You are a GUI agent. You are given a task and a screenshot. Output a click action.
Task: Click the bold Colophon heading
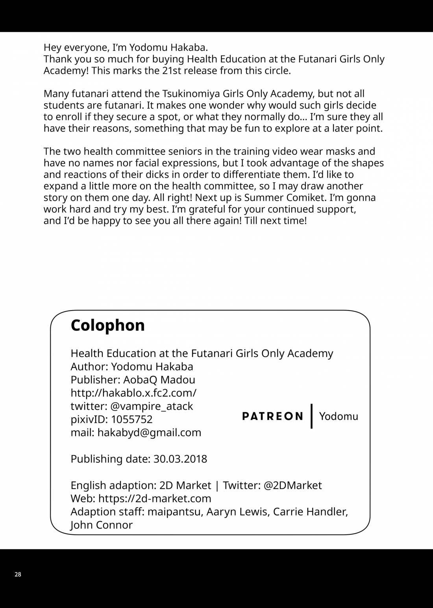click(x=107, y=325)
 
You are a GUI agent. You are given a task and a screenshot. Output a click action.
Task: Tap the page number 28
click(x=18, y=575)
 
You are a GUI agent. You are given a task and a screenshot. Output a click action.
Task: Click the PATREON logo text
click(x=272, y=416)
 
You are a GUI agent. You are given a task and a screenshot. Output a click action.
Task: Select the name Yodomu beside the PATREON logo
click(x=339, y=416)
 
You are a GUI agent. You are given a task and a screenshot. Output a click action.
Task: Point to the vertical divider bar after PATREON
click(x=311, y=416)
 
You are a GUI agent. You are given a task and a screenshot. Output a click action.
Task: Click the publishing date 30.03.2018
click(x=180, y=459)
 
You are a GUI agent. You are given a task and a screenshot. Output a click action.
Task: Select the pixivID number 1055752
click(x=131, y=419)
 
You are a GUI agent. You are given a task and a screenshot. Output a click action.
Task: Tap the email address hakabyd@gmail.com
click(x=149, y=433)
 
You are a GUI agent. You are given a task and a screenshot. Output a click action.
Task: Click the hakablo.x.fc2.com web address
click(x=133, y=393)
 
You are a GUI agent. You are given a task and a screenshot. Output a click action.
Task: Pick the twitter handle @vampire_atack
click(x=152, y=406)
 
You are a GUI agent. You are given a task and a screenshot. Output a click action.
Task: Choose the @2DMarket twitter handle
click(x=292, y=485)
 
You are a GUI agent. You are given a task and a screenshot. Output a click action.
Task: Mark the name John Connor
click(x=102, y=525)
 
